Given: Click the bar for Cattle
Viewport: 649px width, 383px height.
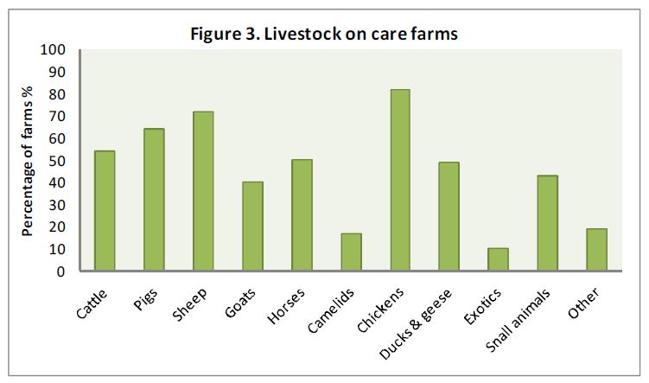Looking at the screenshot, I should (x=105, y=212).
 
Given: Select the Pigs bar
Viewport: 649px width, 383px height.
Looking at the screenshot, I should (x=154, y=201).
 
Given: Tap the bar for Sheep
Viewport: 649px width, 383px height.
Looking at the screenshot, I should (x=203, y=192).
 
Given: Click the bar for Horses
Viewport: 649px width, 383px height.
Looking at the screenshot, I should (x=302, y=215).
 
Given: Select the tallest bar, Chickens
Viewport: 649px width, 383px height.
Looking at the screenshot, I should (x=399, y=181).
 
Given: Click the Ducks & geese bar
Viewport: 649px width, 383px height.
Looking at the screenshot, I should (x=449, y=217).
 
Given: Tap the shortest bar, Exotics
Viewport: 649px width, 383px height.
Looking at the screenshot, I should (x=498, y=260).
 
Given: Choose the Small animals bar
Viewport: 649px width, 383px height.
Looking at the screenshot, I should (x=547, y=224).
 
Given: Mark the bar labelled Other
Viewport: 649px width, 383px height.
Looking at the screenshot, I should (x=596, y=250).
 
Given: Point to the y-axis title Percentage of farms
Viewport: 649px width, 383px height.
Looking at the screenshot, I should (x=27, y=161).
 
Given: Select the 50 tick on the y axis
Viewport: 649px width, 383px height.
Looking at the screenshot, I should (x=56, y=161).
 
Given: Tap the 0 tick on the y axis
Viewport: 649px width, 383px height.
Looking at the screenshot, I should (x=60, y=271).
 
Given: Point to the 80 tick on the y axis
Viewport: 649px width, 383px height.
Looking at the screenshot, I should (x=56, y=94).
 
